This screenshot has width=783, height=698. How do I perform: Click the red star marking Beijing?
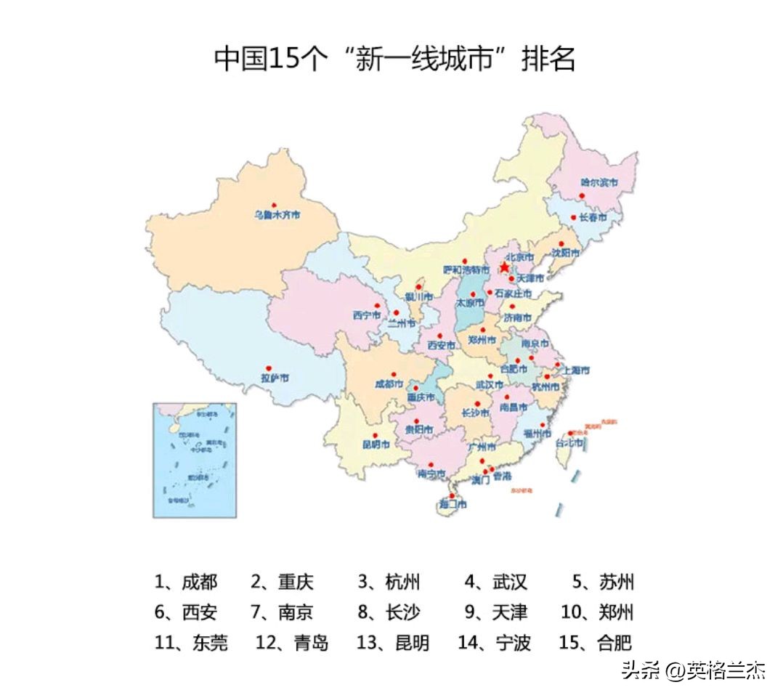tap(504, 267)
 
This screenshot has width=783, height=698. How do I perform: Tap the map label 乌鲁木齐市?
tap(276, 215)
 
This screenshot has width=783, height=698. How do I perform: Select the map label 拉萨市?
tap(275, 378)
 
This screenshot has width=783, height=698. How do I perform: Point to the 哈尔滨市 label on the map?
tap(599, 183)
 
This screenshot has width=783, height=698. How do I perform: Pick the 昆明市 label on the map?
tap(376, 445)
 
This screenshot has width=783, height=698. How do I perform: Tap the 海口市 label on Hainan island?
tap(453, 504)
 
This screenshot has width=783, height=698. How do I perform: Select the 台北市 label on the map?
tap(569, 443)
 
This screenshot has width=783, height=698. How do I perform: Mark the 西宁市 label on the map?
tap(367, 315)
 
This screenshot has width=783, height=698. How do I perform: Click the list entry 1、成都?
tap(185, 582)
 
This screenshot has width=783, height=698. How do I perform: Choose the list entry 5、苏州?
tap(603, 582)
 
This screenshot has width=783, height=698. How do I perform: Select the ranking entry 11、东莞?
tap(190, 643)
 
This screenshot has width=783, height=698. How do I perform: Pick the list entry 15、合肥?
tap(595, 643)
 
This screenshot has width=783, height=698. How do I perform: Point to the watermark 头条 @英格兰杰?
tap(693, 670)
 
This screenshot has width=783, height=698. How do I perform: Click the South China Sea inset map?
tap(194, 460)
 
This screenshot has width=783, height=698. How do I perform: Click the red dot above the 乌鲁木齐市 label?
tap(274, 206)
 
